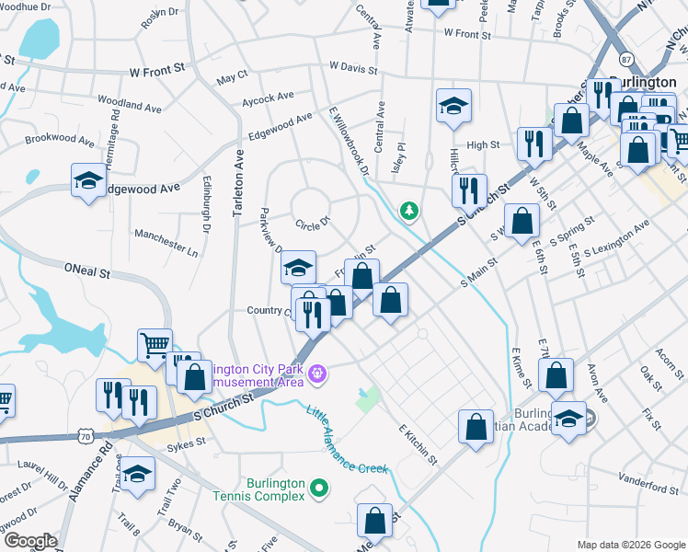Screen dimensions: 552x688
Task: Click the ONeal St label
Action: (86, 273)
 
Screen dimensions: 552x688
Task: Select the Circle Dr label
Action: (312, 223)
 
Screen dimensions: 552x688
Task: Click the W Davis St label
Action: (360, 67)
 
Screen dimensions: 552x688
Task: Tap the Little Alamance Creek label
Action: (348, 441)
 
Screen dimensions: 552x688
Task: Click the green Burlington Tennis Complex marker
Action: (319, 487)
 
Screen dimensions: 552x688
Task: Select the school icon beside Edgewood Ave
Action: (88, 181)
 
